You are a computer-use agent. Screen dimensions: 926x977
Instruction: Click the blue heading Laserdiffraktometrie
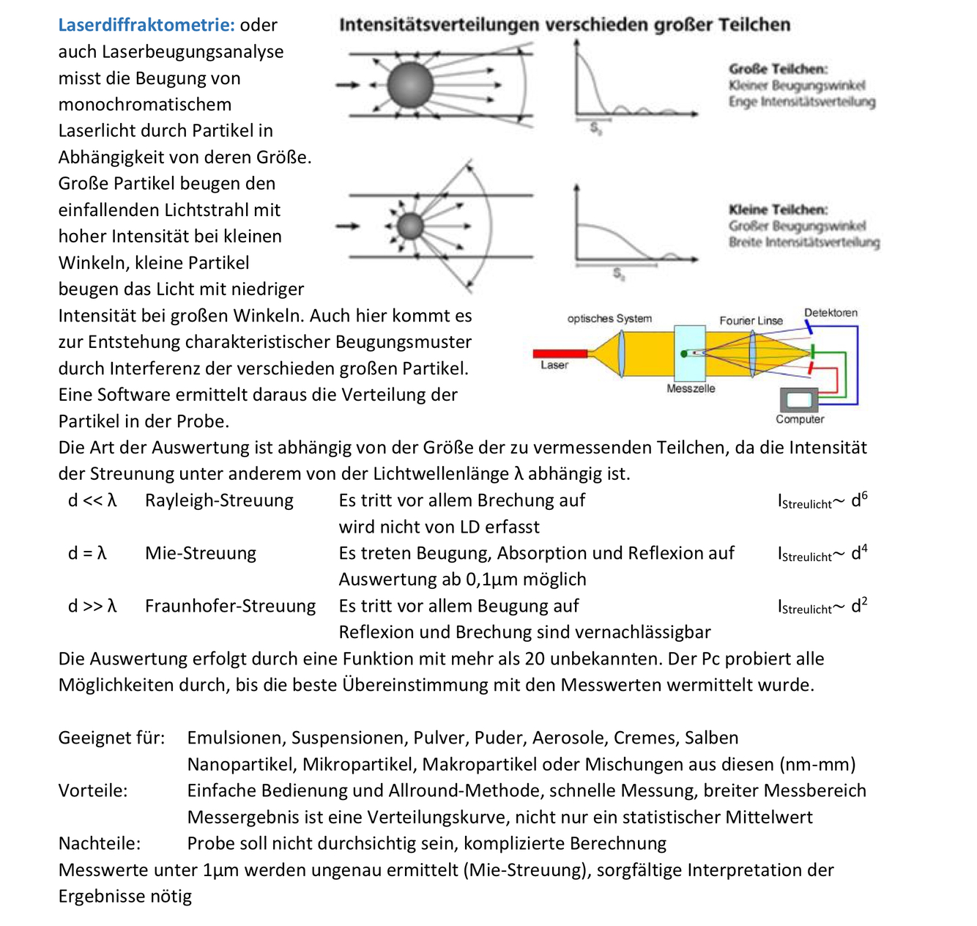point(146,25)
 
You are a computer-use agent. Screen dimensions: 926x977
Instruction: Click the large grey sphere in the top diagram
point(410,85)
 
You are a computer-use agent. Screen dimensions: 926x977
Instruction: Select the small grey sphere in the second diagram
point(410,226)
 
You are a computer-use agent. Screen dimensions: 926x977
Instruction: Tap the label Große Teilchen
point(778,69)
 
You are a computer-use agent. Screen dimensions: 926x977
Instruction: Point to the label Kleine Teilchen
point(778,210)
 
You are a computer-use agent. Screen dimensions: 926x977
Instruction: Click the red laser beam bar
point(560,353)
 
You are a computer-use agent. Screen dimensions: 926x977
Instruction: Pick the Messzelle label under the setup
point(691,388)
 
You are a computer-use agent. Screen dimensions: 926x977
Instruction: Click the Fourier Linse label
point(751,321)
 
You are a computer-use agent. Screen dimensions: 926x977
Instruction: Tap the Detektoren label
point(831,313)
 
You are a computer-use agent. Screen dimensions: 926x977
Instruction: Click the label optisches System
point(609,319)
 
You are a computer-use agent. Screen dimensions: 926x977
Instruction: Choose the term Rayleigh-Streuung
point(219,500)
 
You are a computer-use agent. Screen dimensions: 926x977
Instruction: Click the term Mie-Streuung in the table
point(201,553)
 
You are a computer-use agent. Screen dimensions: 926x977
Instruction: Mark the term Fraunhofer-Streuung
point(230,606)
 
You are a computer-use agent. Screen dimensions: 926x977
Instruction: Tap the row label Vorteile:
point(93,790)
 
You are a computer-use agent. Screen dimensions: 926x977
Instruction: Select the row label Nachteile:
point(100,843)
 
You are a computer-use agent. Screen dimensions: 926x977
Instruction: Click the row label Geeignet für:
point(111,738)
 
